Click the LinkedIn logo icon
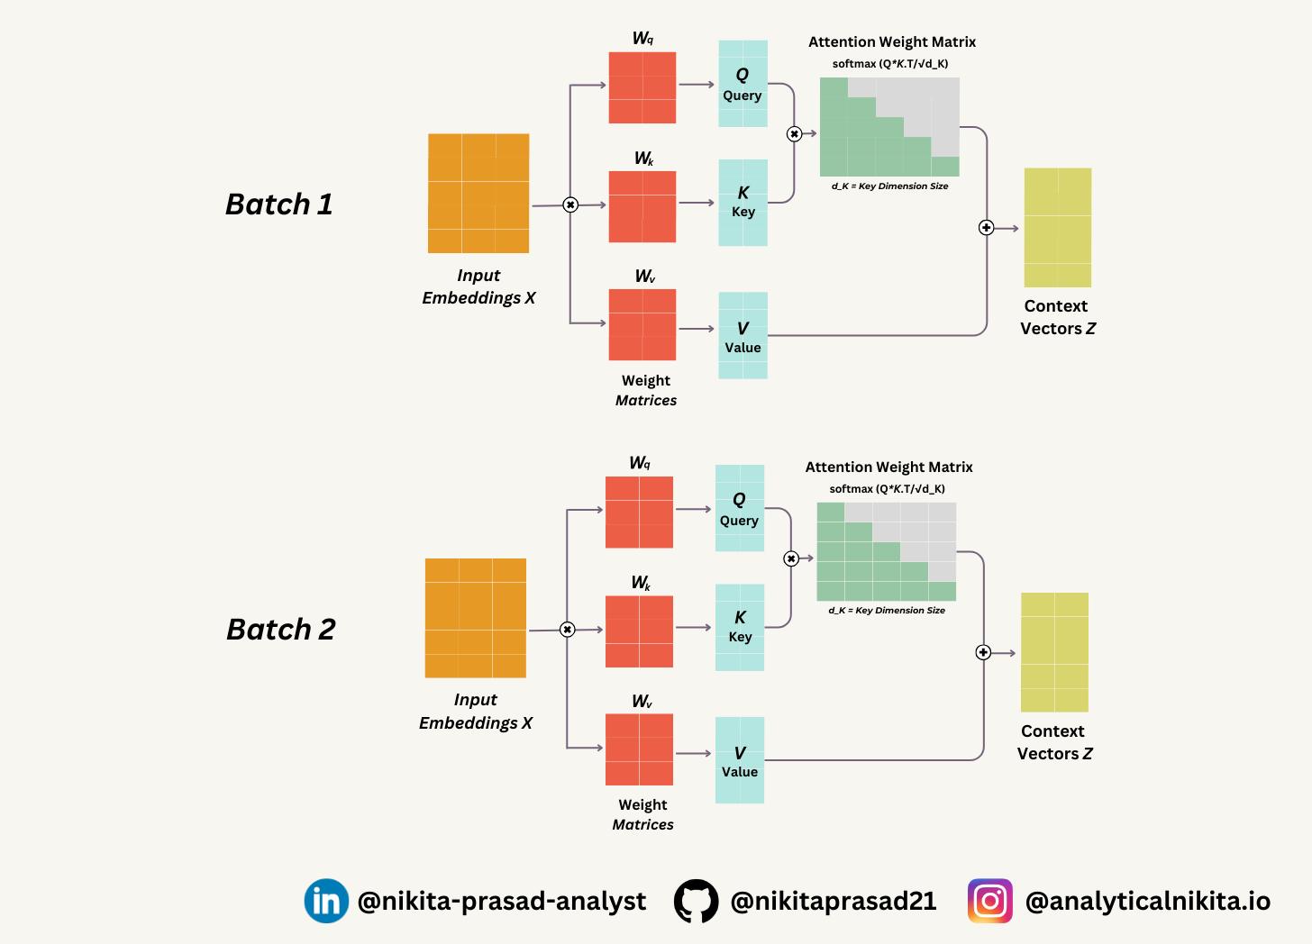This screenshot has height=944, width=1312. coord(326,901)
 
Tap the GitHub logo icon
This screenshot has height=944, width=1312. coord(697,901)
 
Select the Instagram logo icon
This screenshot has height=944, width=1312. coord(989,901)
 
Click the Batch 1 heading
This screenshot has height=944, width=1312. coord(279,204)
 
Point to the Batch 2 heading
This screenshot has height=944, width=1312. coord(280,629)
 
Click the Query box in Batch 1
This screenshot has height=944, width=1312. coord(743,84)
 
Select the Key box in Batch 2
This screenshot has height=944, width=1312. coord(740,627)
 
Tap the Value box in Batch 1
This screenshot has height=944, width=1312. coord(743,335)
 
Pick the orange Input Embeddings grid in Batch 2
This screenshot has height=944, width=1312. coord(476,618)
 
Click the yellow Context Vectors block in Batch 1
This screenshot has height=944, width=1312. coord(1058,228)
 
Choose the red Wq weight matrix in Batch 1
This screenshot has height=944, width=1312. coord(642,87)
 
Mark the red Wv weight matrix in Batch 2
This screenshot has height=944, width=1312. coord(639,749)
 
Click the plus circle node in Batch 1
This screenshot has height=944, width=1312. coord(987,228)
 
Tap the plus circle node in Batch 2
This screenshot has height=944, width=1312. coord(983,652)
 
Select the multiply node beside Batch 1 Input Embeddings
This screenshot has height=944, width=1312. coord(570,205)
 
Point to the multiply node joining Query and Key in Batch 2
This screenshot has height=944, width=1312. coord(791,558)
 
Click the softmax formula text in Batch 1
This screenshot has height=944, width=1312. coord(890,64)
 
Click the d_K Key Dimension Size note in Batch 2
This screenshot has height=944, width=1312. coord(887,611)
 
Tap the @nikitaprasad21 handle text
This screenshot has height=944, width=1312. coord(834,901)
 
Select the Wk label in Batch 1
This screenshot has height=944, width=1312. coord(643,159)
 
